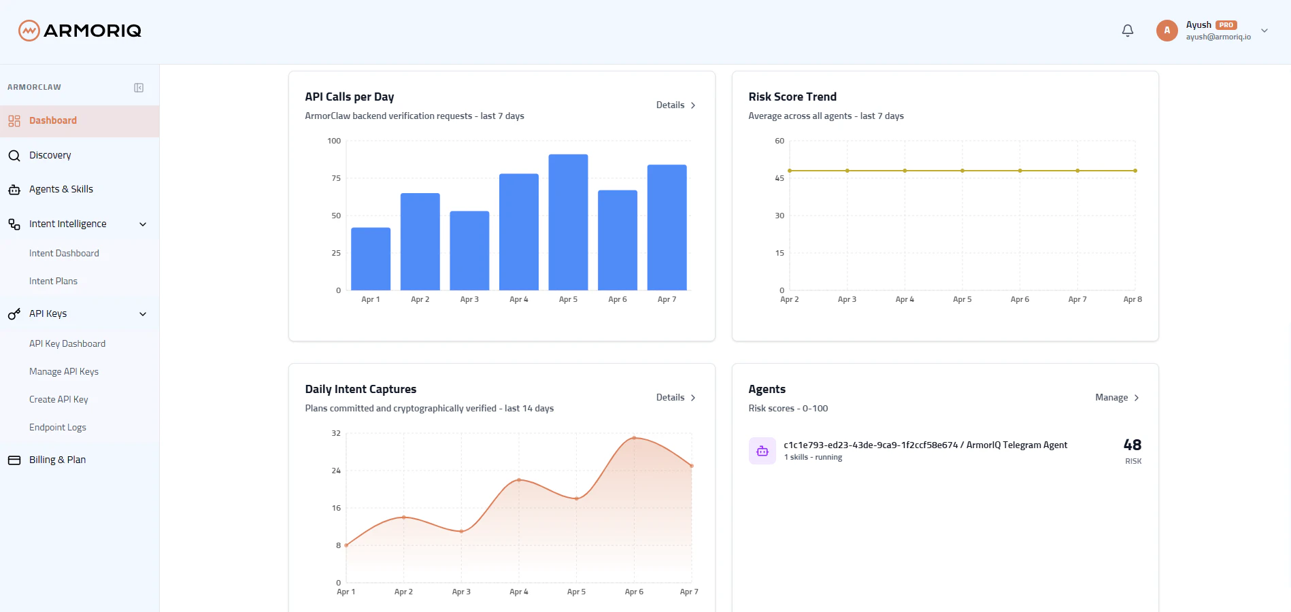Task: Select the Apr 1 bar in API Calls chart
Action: (x=371, y=259)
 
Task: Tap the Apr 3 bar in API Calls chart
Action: (x=469, y=251)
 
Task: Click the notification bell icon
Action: (x=1128, y=31)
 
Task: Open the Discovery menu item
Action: (x=50, y=155)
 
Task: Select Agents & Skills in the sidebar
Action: (x=61, y=189)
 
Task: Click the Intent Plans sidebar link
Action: (x=53, y=281)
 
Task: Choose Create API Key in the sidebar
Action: (x=58, y=399)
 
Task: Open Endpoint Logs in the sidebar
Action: (x=57, y=427)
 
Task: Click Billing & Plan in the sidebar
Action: (x=57, y=460)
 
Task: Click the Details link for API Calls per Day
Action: (x=675, y=105)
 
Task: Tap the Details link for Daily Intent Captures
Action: (x=675, y=398)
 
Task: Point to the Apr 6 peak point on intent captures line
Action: (x=634, y=438)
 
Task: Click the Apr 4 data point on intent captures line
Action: (x=519, y=480)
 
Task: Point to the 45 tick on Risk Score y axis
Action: (x=779, y=178)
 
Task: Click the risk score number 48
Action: (x=1133, y=445)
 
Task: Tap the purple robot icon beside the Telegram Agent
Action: (x=762, y=451)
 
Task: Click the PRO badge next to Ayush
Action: (x=1226, y=25)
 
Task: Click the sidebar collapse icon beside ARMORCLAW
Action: (x=139, y=88)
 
